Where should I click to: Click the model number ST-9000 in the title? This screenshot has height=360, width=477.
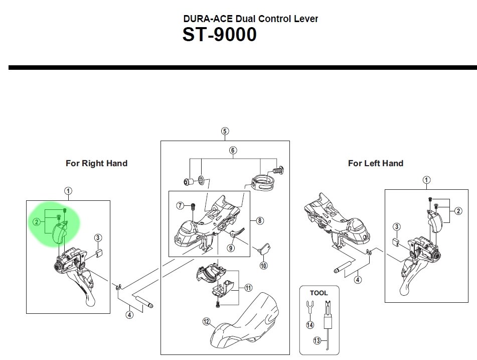[219, 35]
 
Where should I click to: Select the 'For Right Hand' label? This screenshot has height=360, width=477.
[96, 163]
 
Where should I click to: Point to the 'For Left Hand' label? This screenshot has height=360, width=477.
[375, 163]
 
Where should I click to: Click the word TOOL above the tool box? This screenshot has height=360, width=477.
[319, 293]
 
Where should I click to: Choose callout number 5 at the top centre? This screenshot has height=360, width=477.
[225, 132]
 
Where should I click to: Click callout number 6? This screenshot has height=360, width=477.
[233, 150]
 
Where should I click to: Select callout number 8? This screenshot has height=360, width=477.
[259, 220]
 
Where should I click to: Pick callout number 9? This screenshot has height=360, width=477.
[231, 247]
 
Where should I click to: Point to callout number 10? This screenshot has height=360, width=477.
[264, 265]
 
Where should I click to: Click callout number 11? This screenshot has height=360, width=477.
[248, 288]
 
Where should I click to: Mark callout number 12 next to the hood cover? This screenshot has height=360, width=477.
[206, 321]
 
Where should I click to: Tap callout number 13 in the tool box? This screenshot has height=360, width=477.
[316, 340]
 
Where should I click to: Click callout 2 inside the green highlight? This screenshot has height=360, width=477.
[37, 222]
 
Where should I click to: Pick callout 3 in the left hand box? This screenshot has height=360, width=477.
[396, 228]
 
